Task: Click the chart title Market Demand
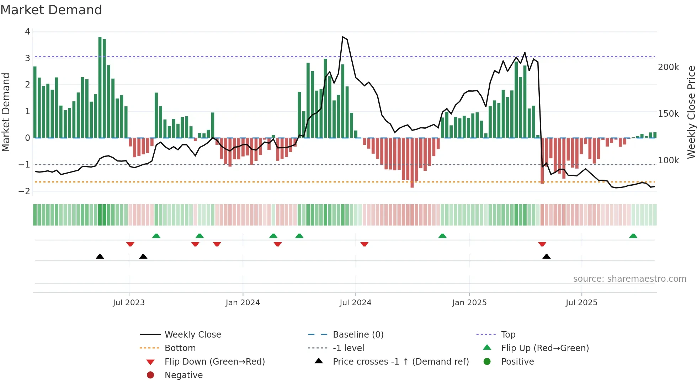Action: [x=51, y=10]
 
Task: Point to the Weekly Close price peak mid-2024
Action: [x=343, y=37]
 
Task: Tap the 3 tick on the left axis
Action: [x=27, y=58]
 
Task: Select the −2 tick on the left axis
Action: [x=25, y=191]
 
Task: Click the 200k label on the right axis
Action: [x=668, y=67]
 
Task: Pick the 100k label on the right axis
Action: [x=668, y=160]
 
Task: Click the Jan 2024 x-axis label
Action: [x=243, y=303]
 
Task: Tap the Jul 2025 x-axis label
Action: [x=581, y=303]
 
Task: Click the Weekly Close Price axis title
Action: [x=691, y=112]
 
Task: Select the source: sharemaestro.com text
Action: [x=629, y=279]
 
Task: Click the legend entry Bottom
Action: [x=180, y=348]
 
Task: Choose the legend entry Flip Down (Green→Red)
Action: [x=214, y=362]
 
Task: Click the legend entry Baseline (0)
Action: [x=358, y=335]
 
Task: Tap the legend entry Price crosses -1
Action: [x=400, y=362]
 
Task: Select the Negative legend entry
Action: [x=183, y=375]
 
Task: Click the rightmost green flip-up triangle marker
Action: [x=633, y=236]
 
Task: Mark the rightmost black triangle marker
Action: [x=547, y=256]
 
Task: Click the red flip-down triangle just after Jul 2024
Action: [x=364, y=244]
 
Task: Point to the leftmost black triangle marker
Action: [x=100, y=256]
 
